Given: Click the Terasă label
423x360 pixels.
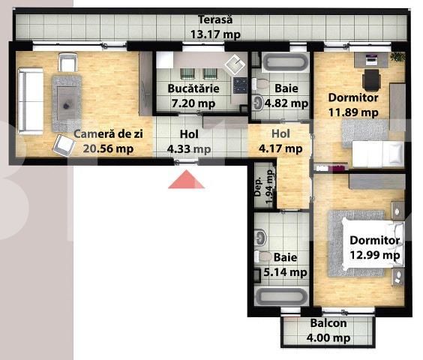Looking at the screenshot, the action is pyautogui.click(x=215, y=20).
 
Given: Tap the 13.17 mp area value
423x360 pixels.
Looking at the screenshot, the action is pyautogui.click(x=215, y=34).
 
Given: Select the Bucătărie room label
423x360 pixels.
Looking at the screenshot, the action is pyautogui.click(x=193, y=88).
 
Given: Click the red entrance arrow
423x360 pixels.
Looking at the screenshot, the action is pyautogui.click(x=186, y=179).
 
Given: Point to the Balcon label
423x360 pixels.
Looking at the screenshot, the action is pyautogui.click(x=328, y=323).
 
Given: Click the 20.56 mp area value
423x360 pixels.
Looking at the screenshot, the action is pyautogui.click(x=108, y=148).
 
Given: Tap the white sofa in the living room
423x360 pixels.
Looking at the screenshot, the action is pyautogui.click(x=31, y=100).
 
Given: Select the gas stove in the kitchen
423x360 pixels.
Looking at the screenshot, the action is pyautogui.click(x=240, y=85).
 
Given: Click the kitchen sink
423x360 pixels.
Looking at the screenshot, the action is pyautogui.click(x=235, y=64).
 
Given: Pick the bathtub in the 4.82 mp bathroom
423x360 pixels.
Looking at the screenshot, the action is pyautogui.click(x=286, y=62).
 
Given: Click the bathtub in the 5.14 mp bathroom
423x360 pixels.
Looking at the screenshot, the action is pyautogui.click(x=282, y=297).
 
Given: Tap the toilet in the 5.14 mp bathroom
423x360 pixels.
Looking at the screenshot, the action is pyautogui.click(x=263, y=256).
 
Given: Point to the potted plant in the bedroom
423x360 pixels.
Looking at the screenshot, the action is pyautogui.click(x=397, y=57).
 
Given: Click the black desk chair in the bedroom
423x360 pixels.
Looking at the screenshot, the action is pyautogui.click(x=371, y=79).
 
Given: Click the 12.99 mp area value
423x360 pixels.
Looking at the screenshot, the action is pyautogui.click(x=375, y=255).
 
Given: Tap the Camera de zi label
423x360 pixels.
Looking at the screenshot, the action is pyautogui.click(x=108, y=133).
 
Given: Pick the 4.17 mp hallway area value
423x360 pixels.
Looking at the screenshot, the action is pyautogui.click(x=280, y=148).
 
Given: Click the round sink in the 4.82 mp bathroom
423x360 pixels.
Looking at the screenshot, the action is pyautogui.click(x=259, y=103).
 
